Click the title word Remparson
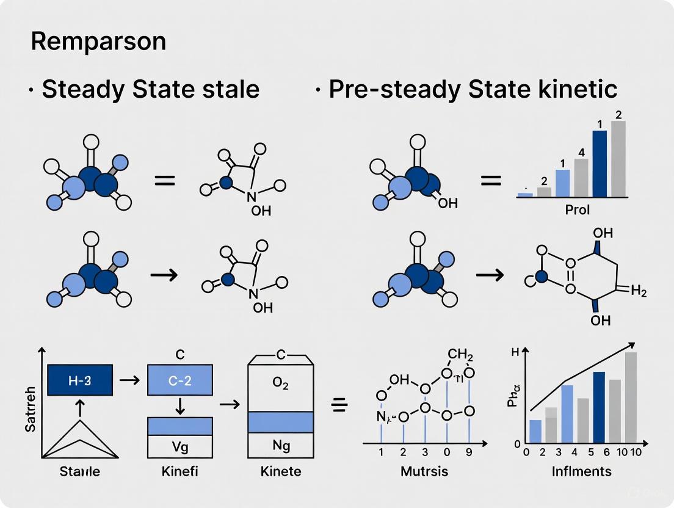[x=98, y=42]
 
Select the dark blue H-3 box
[x=80, y=380]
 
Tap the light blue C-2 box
[x=180, y=380]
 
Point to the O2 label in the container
[x=280, y=383]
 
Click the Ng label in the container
[x=280, y=446]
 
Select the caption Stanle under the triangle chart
[x=80, y=471]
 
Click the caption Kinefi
[x=180, y=471]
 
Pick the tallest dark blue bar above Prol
[x=600, y=164]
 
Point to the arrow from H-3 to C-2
[x=129, y=380]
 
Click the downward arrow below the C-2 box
[x=180, y=405]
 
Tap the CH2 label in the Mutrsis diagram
[x=461, y=354]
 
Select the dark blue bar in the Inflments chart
[x=599, y=407]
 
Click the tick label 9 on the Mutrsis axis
[x=469, y=453]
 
